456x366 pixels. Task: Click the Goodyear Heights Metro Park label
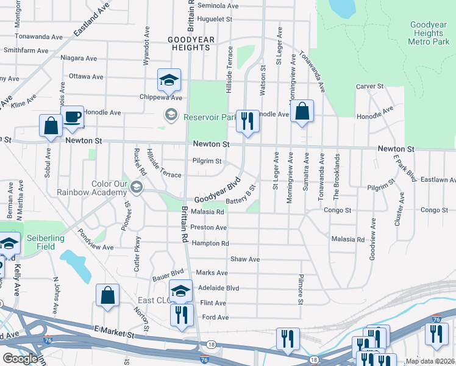point(429,33)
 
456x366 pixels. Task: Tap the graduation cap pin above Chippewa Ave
point(169,80)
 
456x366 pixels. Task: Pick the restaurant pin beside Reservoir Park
point(247,121)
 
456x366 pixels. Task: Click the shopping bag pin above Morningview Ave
point(302,112)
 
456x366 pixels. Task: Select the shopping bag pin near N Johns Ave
point(107,296)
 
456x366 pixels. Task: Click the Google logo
point(20,359)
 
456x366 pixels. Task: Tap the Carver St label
point(369,87)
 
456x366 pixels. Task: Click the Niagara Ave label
point(79,59)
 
